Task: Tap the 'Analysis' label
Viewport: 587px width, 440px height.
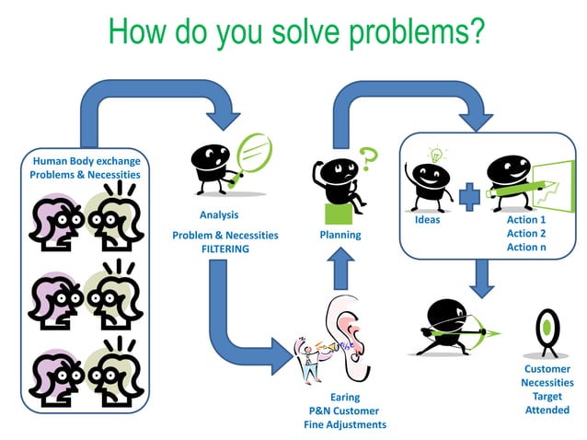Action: [218, 215]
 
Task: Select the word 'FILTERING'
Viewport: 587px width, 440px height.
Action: [225, 249]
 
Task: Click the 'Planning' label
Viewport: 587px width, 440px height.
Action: [340, 235]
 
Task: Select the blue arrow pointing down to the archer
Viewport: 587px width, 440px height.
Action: [479, 276]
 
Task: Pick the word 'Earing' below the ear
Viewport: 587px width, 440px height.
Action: [344, 398]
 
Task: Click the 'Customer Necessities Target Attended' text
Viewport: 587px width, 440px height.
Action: [547, 389]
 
